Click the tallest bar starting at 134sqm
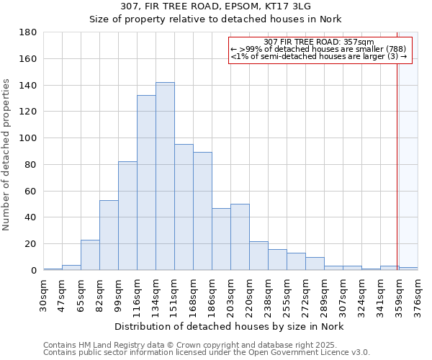pyautogui.click(x=165, y=176)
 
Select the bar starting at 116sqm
pyautogui.click(x=146, y=183)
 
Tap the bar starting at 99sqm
pyautogui.click(x=127, y=216)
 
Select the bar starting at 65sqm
pyautogui.click(x=90, y=255)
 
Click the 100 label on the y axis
pyautogui.click(x=29, y=138)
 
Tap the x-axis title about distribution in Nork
pyautogui.click(x=229, y=327)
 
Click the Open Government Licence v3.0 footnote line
pyautogui.click(x=207, y=353)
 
